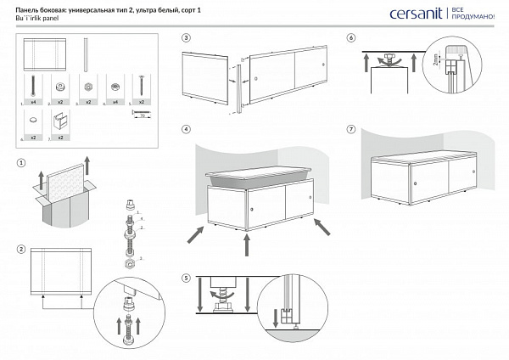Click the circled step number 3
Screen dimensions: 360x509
[186, 38]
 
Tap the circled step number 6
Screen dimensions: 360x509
[351, 38]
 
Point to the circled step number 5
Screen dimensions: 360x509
[186, 278]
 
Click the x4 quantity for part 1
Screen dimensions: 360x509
[32, 102]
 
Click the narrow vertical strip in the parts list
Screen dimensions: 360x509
[87, 53]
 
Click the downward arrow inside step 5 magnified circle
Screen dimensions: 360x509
[274, 318]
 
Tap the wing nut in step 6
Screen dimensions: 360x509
[391, 57]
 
